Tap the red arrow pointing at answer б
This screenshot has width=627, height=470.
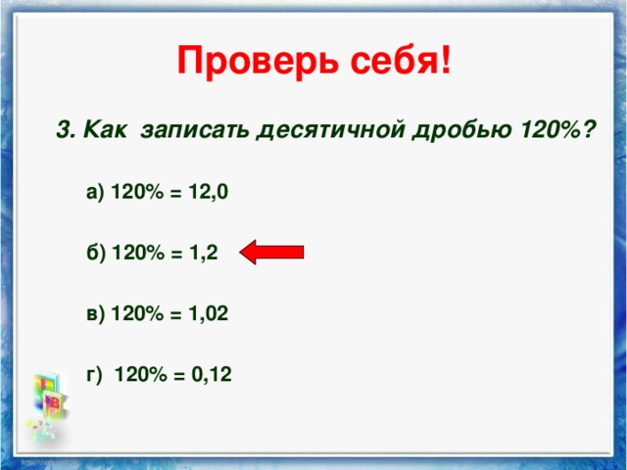(x=271, y=252)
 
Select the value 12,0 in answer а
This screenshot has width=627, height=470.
(x=210, y=192)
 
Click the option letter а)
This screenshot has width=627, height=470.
(x=96, y=192)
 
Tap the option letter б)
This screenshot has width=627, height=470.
(x=96, y=253)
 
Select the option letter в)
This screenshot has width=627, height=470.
(x=96, y=313)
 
